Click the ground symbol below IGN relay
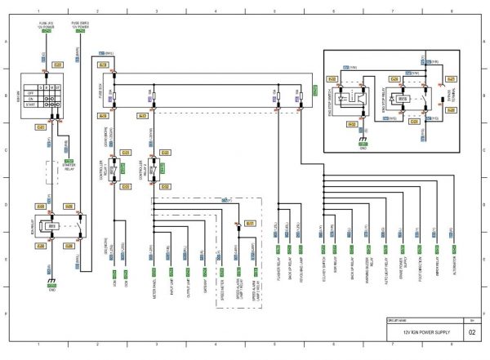pos(51,282)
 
